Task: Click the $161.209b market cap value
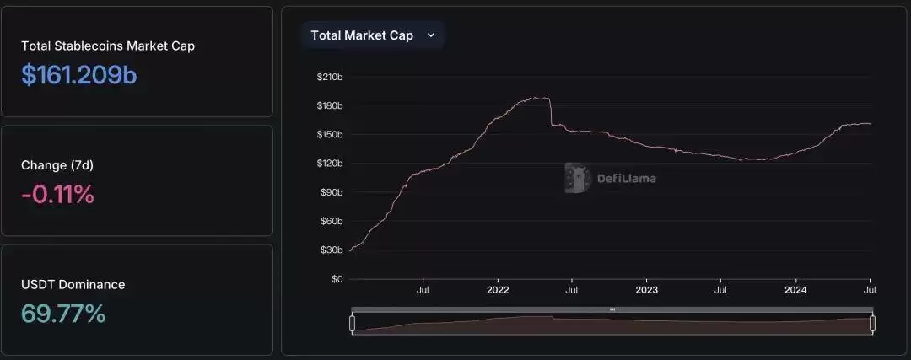[x=79, y=75]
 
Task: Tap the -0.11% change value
[x=57, y=195]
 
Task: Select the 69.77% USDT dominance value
[x=63, y=314]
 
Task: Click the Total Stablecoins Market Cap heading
[x=108, y=46]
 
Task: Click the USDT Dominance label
[x=73, y=284]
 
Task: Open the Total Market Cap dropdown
[x=372, y=35]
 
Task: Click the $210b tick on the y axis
[x=329, y=77]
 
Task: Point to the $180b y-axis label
[x=329, y=105]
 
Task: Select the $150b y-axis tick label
[x=329, y=134]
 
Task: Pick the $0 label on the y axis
[x=337, y=278]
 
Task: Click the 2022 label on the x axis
[x=498, y=290]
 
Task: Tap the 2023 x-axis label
[x=646, y=290]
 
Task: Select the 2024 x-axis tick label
[x=795, y=290]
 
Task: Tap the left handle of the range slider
[x=353, y=323]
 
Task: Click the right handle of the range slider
[x=872, y=323]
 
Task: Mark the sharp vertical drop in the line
[x=551, y=112]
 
